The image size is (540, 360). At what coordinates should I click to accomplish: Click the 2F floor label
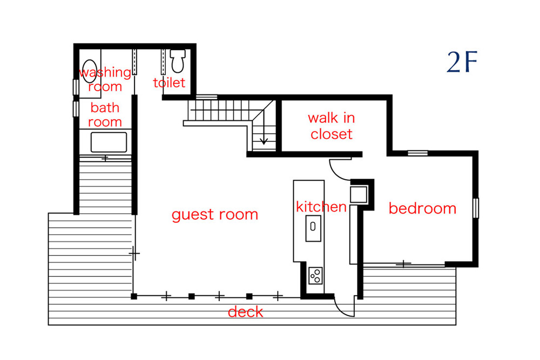[x=462, y=62]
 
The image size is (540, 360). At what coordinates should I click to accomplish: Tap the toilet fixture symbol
[x=178, y=61]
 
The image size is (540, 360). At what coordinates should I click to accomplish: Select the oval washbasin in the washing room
[x=90, y=71]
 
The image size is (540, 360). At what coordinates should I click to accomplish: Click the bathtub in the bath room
[x=109, y=142]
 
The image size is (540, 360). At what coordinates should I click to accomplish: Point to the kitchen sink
[x=313, y=228]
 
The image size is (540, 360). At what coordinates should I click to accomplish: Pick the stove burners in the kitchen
[x=315, y=276]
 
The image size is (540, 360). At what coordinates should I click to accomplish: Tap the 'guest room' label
[x=215, y=215]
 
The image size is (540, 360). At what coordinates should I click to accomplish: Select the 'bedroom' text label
[x=423, y=208]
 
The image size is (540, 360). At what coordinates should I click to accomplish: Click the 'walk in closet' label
[x=332, y=126]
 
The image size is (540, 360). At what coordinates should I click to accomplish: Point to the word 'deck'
[x=246, y=312]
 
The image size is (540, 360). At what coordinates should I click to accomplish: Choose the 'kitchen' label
[x=321, y=207]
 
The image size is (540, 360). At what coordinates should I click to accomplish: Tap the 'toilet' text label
[x=170, y=82]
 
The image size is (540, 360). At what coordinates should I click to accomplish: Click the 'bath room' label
[x=105, y=114]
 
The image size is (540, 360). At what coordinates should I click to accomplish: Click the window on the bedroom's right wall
[x=476, y=208]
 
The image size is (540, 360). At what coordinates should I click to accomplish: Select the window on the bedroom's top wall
[x=418, y=153]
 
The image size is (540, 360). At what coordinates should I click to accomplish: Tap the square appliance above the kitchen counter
[x=359, y=194]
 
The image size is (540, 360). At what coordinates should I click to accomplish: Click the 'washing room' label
[x=105, y=79]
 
